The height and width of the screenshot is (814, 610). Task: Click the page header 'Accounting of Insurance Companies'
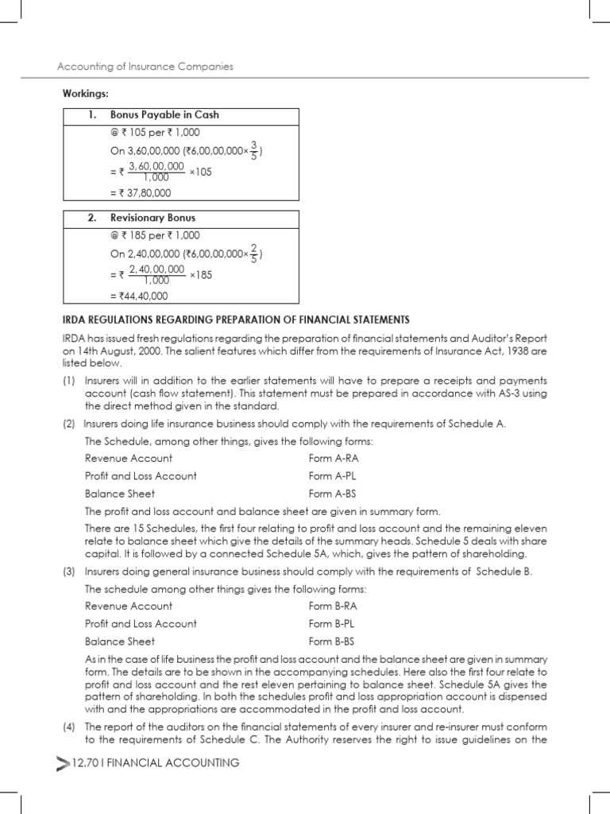coord(146,67)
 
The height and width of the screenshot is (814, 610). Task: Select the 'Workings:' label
coord(86,94)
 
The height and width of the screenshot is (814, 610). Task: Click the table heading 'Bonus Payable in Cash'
coord(164,115)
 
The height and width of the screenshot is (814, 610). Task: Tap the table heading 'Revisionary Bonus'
coord(152,218)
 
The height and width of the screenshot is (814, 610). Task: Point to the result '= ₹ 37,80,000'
coord(140,192)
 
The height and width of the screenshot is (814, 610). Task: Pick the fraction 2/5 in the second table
coord(253,254)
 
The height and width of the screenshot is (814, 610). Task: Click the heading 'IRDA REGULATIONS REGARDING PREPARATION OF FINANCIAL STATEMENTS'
coord(237,320)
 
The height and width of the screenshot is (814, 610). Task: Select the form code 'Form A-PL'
coord(332,476)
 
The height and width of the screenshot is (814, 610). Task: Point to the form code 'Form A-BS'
coord(332,494)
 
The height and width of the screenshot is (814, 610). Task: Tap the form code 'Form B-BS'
coord(332,642)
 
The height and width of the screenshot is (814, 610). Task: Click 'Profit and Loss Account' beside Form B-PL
coord(141,624)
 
